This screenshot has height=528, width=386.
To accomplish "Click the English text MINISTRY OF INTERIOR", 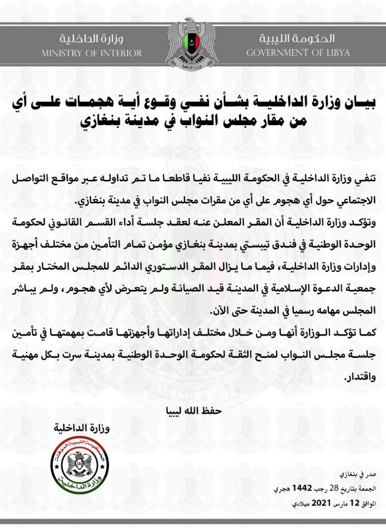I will click(91, 53).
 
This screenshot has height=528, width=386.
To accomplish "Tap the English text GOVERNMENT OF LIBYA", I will click(290, 53).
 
